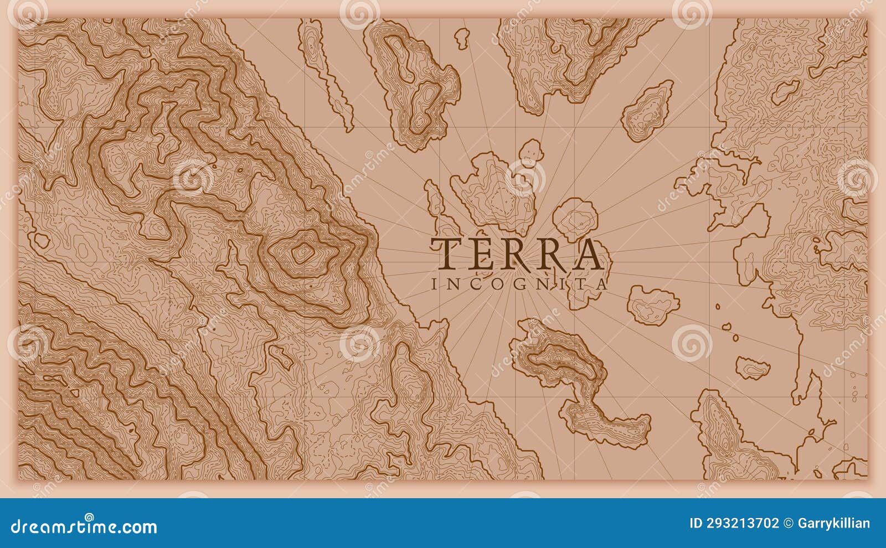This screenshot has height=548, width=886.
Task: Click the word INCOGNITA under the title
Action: [x=519, y=285]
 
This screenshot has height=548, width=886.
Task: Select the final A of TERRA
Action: [x=586, y=253]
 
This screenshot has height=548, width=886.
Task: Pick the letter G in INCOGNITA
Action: [x=528, y=285]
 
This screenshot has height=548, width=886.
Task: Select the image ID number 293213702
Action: [x=734, y=523]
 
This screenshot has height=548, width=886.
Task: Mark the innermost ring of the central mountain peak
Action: [x=302, y=254]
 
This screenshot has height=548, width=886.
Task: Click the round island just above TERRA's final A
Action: [x=576, y=218]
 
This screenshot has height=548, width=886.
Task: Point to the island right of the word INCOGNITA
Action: [x=653, y=304]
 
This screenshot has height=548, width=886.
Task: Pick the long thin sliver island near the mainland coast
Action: [x=336, y=77]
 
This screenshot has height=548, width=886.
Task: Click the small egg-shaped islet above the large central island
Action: [x=530, y=152]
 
